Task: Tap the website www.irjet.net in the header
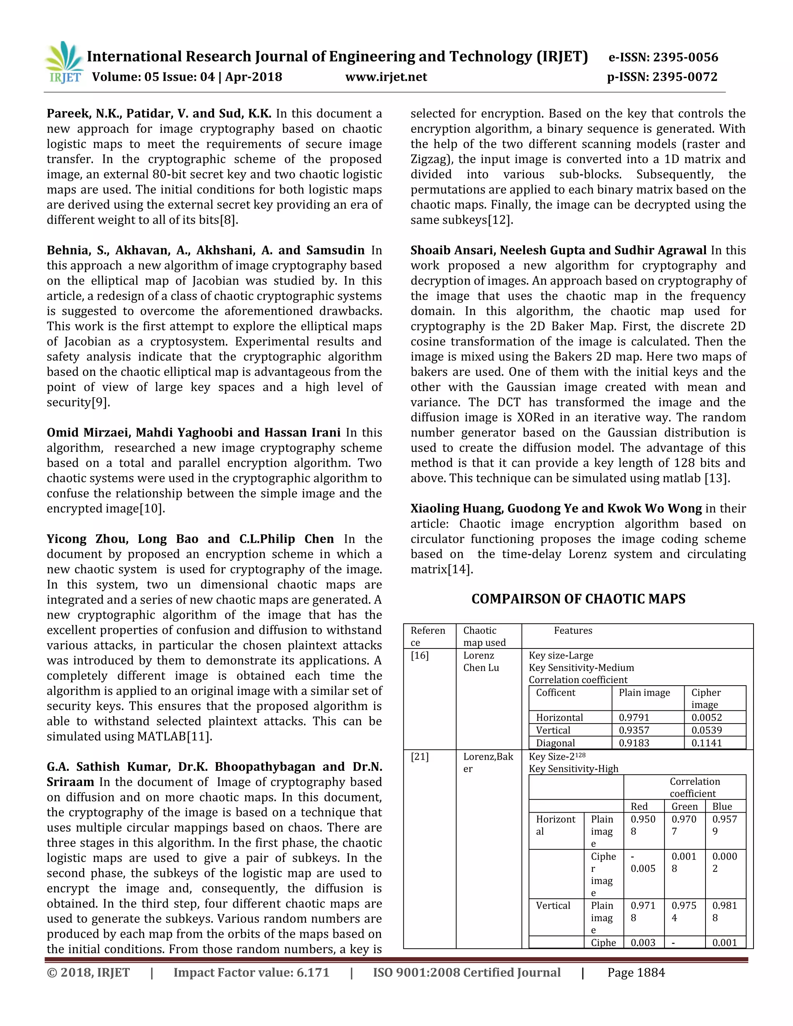(386, 77)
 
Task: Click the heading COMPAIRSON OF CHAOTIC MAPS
(578, 599)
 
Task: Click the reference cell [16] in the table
(419, 655)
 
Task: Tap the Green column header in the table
(684, 806)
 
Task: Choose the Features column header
(573, 630)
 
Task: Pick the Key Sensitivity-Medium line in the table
(581, 667)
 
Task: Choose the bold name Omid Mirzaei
(89, 433)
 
